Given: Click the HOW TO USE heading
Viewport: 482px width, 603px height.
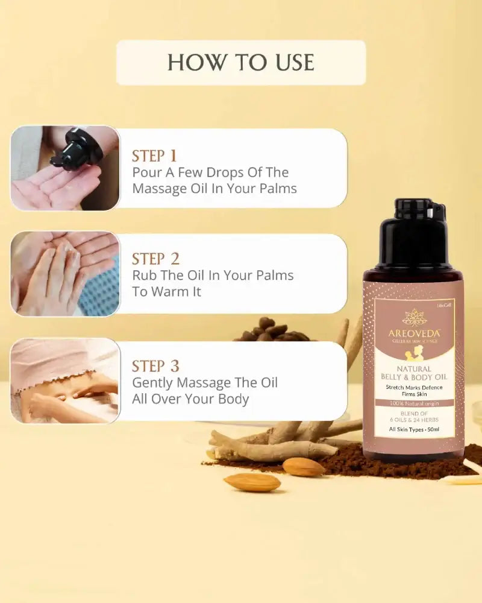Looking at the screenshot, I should pos(240,62).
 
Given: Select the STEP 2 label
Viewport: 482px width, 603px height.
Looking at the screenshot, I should pos(156,259).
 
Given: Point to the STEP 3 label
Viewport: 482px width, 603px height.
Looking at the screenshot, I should pos(156,366).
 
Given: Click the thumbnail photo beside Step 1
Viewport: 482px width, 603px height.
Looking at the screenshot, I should pos(64,168).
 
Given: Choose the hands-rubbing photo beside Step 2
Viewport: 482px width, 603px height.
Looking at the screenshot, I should pos(64,274).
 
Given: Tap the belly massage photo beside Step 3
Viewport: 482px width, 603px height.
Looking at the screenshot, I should pos(64,380).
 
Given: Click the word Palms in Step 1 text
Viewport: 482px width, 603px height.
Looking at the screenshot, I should pos(274,188).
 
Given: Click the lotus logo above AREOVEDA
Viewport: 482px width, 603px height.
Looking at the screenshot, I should pos(413,317).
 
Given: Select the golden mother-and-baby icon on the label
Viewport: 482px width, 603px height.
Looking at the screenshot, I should pos(413,355).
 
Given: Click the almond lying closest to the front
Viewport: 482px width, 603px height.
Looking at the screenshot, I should pos(252,482).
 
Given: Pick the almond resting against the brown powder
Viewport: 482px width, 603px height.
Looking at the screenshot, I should pos(304,467).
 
